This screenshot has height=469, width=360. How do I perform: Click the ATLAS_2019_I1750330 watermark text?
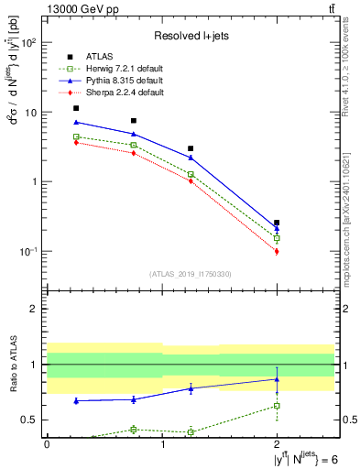[x=191, y=274]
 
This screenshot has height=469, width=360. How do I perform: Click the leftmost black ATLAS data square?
[x=76, y=108]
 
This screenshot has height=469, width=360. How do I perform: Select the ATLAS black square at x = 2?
[x=277, y=223]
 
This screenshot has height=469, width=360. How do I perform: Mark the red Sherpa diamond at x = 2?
[x=277, y=251]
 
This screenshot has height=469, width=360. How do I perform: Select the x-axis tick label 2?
[x=277, y=443]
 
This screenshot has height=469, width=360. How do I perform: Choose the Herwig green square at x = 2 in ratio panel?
[x=277, y=405]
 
